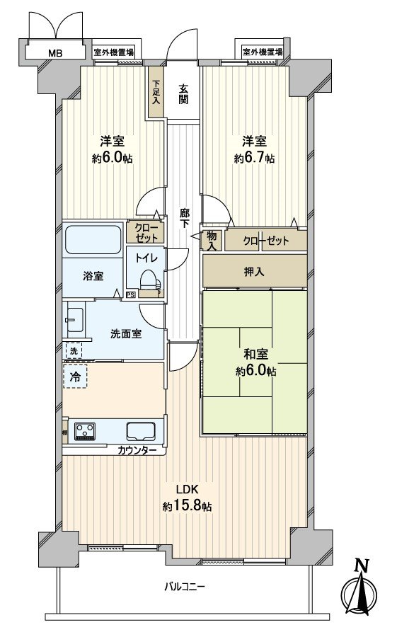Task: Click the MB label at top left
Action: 54,52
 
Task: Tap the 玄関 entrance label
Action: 184,93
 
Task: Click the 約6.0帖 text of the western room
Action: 111,159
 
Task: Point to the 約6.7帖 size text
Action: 255,159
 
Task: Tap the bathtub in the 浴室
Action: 93,241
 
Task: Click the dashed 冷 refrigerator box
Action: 75,376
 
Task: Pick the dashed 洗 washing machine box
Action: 73,350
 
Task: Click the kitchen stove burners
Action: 86,430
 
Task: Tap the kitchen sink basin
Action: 141,430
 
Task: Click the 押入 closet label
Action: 255,270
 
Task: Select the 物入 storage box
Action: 211,241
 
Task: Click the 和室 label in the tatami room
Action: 255,355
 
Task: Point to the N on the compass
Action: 362,565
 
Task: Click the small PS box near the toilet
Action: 130,295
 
